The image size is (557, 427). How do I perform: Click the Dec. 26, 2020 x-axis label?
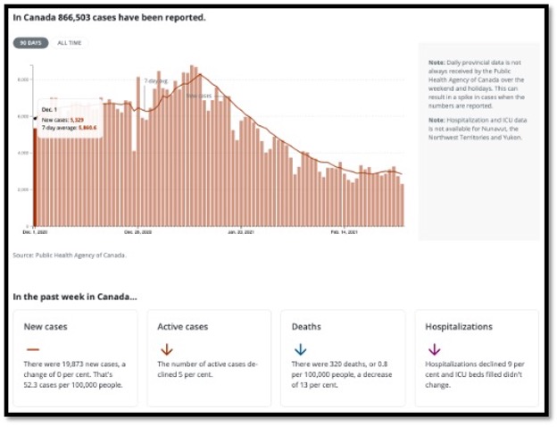click(x=138, y=232)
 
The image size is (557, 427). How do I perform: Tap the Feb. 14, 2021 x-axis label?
click(x=345, y=232)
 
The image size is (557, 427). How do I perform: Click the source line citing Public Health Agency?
click(x=70, y=255)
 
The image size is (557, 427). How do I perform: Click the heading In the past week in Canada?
click(x=75, y=296)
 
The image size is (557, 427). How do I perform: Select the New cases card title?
click(x=46, y=327)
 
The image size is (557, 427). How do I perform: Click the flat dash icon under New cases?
click(x=32, y=349)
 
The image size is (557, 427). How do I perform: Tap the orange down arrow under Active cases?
click(x=166, y=349)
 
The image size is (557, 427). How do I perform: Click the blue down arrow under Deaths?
click(x=300, y=349)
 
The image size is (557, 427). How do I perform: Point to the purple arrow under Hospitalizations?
click(x=435, y=349)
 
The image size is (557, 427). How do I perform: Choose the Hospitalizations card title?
click(x=459, y=327)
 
